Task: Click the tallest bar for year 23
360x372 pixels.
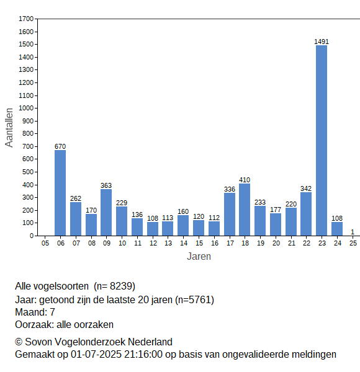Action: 322,141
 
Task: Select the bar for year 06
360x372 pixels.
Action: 60,193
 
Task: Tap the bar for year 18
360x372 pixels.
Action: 245,210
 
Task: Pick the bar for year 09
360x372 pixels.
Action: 106,213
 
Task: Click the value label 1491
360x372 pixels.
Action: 322,42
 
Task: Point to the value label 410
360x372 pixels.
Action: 245,180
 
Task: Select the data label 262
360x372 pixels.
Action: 76,198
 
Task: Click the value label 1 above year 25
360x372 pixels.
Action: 353,232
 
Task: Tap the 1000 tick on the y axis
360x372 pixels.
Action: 26,108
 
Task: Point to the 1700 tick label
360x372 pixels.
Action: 26,19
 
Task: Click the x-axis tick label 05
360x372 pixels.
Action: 45,243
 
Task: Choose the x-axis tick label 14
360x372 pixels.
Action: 184,243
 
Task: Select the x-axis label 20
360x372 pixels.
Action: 276,243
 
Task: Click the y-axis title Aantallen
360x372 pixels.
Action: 9,128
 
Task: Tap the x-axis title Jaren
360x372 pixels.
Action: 199,257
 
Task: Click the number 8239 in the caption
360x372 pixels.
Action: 121,286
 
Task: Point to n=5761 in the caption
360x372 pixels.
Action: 195,300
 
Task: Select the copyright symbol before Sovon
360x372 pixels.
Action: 19,342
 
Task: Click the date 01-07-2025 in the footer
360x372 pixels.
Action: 96,355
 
